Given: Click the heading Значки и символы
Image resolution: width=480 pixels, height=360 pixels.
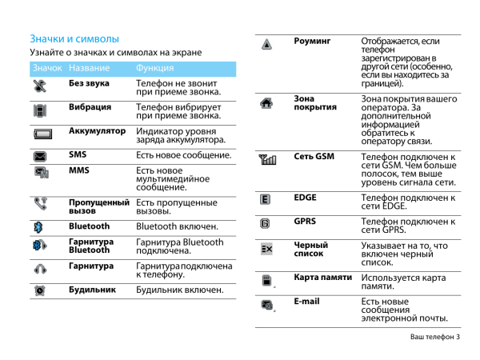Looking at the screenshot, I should [x=74, y=38].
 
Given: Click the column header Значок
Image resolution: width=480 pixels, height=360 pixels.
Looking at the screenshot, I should [x=47, y=69].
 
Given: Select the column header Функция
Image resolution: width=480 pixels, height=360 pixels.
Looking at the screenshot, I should [x=155, y=69].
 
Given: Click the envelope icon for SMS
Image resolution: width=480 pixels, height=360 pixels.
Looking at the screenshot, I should [x=41, y=155].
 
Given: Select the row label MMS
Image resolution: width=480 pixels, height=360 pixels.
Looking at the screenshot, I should [x=79, y=170].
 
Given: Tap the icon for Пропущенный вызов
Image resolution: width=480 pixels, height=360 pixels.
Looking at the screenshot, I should [x=41, y=204].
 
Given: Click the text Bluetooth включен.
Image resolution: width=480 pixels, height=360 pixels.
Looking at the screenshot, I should [x=177, y=226].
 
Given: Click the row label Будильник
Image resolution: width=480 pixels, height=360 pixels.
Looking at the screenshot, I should [x=92, y=289].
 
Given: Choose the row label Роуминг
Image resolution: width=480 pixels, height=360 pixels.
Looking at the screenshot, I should [x=312, y=41].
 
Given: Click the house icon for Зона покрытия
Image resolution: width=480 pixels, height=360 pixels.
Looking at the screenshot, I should [x=266, y=102].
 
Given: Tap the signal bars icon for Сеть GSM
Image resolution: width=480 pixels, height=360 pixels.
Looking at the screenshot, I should [x=266, y=159].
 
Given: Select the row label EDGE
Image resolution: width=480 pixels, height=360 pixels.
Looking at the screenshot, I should [x=306, y=197].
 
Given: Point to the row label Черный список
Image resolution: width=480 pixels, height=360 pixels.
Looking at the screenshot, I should [x=310, y=249].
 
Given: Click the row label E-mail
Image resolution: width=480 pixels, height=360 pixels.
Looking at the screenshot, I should [x=306, y=302].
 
